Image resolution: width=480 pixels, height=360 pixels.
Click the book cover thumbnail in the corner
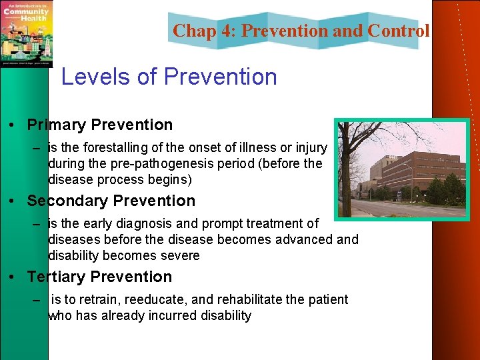click(x=26, y=33)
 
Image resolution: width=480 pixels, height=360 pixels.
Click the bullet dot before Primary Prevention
click(x=13, y=125)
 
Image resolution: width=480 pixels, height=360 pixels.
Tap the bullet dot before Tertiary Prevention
click(x=13, y=277)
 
